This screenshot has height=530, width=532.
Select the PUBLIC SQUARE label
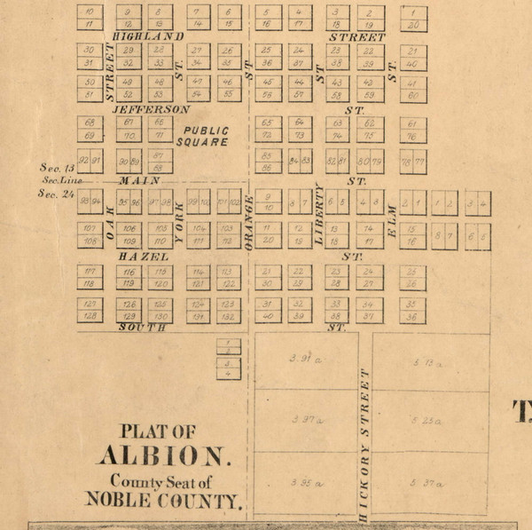coord(203,136)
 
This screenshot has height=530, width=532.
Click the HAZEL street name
coord(143,256)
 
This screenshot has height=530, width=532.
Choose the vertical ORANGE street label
coord(250,221)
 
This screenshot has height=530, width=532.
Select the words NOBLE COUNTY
coord(162,500)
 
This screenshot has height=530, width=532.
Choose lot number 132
coord(228,317)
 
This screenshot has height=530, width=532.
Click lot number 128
coord(90,317)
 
